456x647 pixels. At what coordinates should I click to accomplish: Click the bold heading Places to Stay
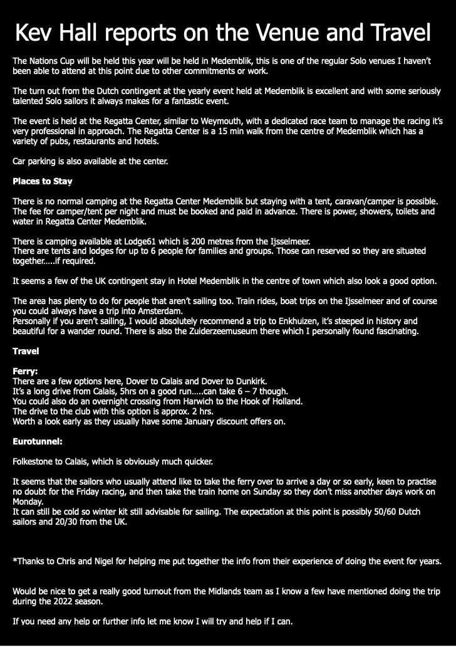click(x=43, y=181)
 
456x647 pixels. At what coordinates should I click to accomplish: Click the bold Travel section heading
click(x=26, y=351)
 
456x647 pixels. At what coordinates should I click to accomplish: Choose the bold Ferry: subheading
click(x=25, y=371)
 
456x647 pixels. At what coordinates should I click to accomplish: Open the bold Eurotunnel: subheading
click(x=38, y=441)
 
